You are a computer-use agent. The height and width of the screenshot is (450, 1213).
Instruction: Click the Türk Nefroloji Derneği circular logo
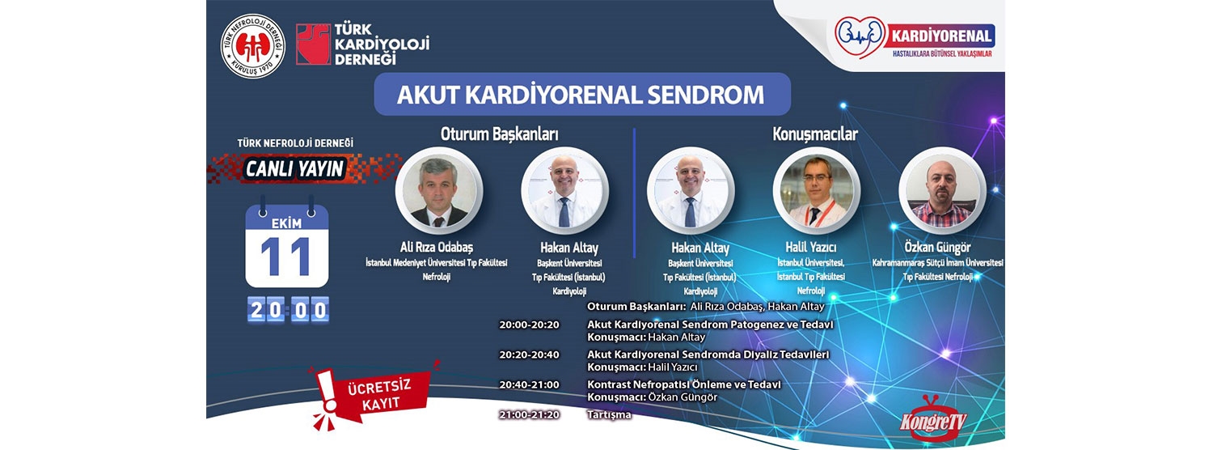253,46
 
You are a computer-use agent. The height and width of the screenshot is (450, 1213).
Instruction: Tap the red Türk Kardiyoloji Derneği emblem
313,44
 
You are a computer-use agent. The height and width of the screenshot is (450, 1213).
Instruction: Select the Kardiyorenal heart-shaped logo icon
860,37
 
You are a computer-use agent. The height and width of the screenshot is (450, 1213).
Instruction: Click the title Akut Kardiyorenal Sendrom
581,95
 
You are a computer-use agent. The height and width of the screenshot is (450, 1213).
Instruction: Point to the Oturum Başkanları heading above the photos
499,134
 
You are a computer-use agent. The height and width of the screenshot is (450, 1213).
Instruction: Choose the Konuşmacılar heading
815,134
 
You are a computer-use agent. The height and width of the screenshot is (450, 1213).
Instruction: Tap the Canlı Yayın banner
294,168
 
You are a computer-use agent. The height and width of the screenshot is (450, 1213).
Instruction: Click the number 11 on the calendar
286,257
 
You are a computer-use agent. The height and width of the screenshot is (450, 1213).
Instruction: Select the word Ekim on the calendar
286,223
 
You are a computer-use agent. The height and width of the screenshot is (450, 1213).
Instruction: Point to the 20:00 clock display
289,310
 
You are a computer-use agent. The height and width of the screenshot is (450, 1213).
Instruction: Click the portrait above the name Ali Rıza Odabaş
438,192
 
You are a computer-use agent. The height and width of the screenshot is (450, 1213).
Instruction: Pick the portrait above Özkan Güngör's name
942,192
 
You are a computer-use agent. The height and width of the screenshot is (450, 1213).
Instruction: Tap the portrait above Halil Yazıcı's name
816,192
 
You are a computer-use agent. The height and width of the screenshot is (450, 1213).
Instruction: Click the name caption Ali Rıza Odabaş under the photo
437,247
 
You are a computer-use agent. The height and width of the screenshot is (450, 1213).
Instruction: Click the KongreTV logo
933,418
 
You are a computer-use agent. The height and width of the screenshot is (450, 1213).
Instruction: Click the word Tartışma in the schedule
609,414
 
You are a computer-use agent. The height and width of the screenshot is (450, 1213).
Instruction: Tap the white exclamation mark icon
326,390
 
